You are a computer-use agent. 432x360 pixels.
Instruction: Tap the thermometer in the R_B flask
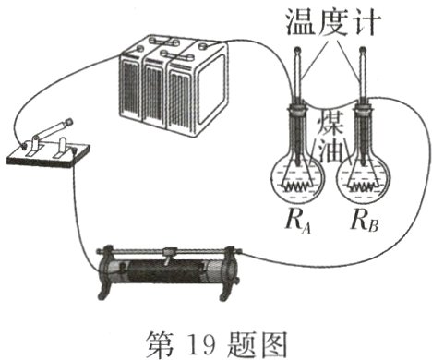click(x=360, y=102)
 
